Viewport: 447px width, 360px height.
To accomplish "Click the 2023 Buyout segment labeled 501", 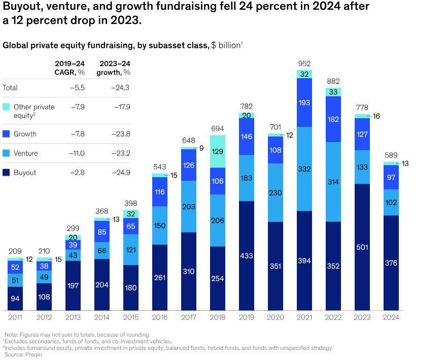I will coord(362,247).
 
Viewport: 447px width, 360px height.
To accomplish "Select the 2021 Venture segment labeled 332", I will coord(304,169).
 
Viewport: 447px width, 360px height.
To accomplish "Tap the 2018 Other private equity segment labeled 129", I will coord(218,151).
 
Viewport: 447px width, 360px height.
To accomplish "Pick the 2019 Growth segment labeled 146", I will coord(247,136).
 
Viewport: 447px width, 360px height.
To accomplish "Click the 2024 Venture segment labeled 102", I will coord(391,202).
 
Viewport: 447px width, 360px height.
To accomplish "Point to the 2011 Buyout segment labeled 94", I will coord(15,299).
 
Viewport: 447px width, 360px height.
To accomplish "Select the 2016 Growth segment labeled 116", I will coord(160,192).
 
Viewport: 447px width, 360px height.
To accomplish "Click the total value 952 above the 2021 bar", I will coord(304,64).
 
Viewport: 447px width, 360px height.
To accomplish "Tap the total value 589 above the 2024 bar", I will coord(391,155).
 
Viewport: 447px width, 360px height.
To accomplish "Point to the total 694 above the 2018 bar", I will coord(218,129).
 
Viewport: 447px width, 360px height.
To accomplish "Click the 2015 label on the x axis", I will coord(131,317).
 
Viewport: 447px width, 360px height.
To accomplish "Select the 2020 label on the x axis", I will coord(276,317).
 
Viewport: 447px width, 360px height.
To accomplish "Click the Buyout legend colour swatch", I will coord(6,173).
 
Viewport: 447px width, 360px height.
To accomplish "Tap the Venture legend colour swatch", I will coord(6,153).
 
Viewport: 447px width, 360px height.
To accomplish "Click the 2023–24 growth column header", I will coord(115,68).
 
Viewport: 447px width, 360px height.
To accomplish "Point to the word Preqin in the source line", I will coord(31,355).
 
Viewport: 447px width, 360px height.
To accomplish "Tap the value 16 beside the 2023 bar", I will coord(376,116).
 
